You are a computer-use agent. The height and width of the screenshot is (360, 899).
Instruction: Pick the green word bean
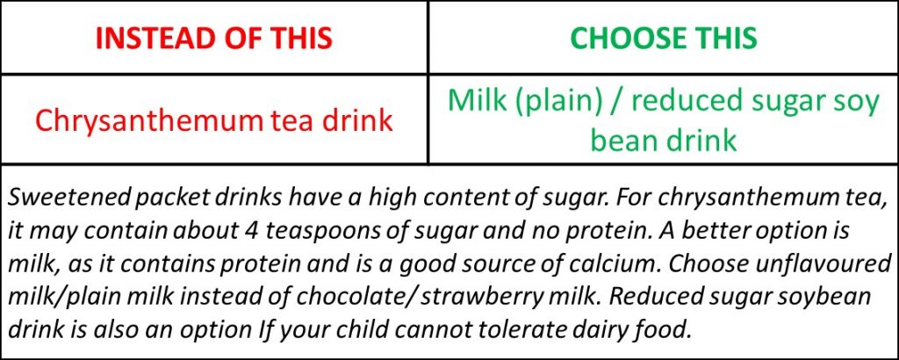click(x=623, y=140)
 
